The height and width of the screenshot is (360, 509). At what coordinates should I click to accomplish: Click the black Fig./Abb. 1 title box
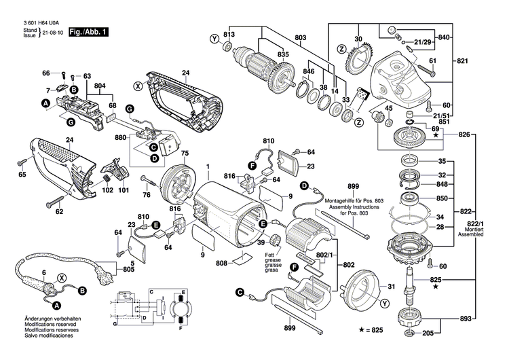coord(88,32)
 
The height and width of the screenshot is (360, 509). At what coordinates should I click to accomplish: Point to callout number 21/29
coord(423,42)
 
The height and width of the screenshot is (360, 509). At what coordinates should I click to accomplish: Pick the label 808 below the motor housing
coord(222,264)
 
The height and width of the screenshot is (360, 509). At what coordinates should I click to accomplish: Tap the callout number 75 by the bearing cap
coord(184,154)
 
